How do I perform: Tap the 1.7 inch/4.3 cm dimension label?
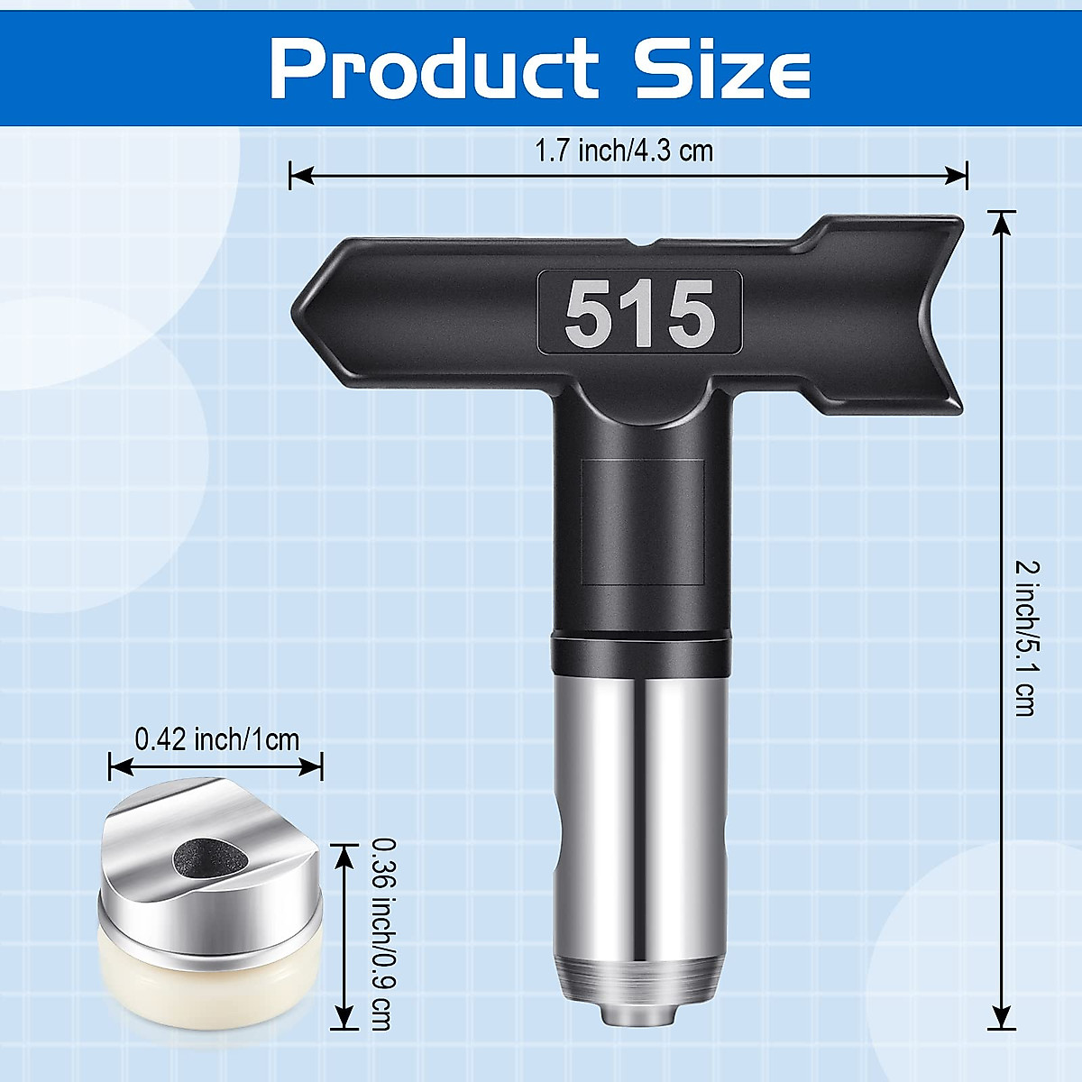(624, 150)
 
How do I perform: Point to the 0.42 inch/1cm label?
(216, 739)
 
